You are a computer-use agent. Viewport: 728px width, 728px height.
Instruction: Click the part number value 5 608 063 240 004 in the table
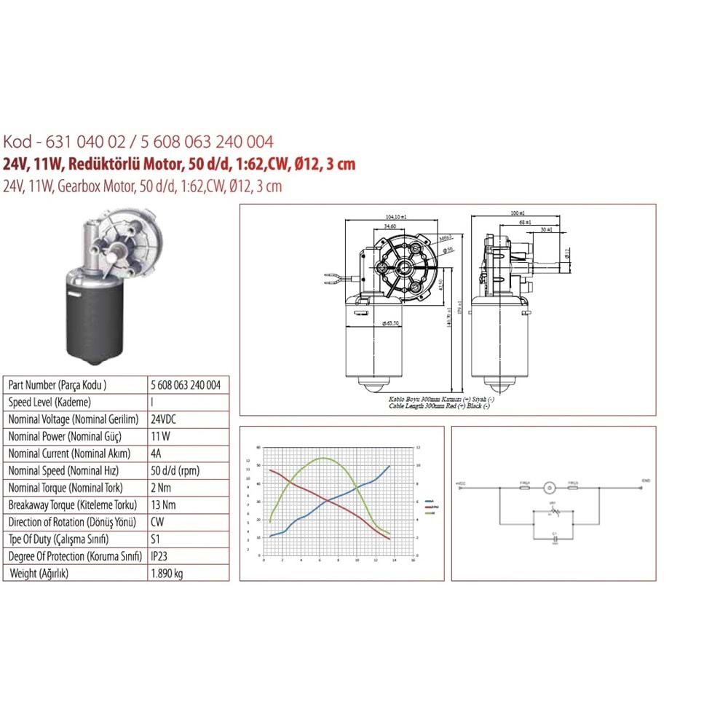(x=185, y=385)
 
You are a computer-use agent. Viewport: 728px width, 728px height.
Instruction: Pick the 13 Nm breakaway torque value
(x=164, y=505)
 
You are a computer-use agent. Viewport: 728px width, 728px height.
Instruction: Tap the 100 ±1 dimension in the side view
(x=518, y=213)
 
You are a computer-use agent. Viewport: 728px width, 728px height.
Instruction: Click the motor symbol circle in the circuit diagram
(x=550, y=485)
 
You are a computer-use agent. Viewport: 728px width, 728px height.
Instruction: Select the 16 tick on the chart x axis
(x=413, y=561)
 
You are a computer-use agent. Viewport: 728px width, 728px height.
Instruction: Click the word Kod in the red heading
(x=17, y=141)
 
